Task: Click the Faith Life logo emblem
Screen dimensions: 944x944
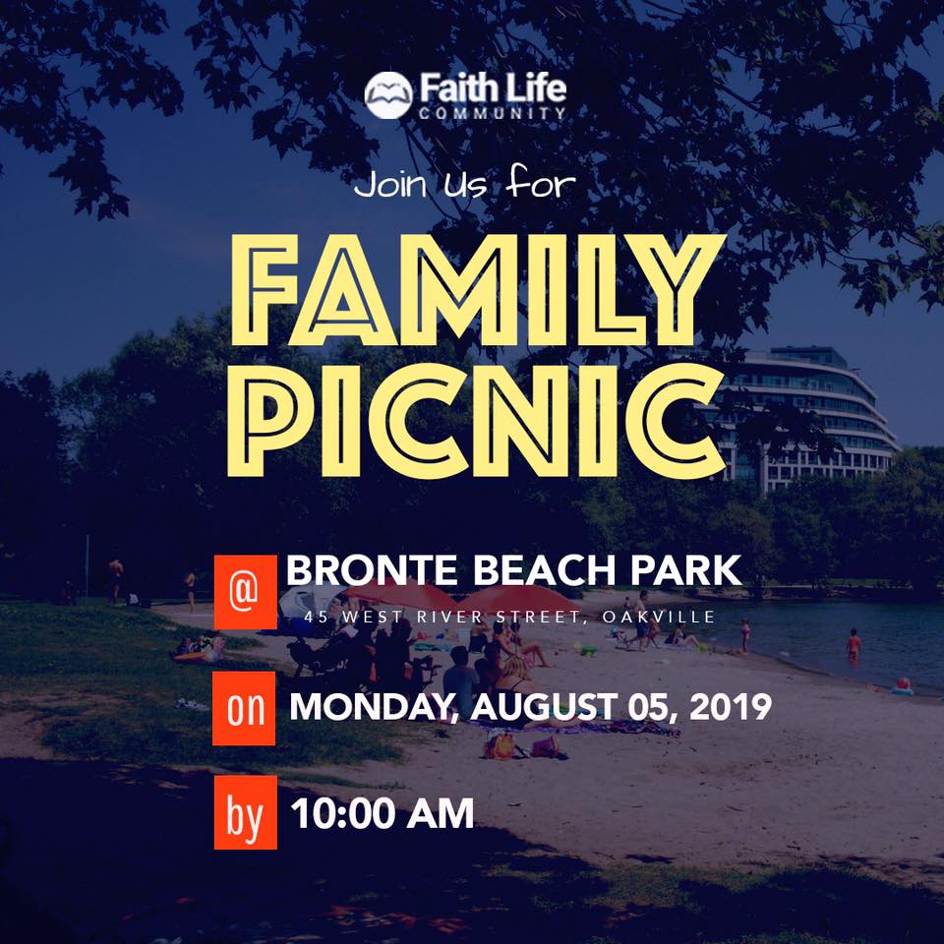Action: [x=389, y=94]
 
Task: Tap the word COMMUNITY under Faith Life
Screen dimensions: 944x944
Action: [x=493, y=113]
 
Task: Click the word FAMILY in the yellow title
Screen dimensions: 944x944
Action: [x=478, y=289]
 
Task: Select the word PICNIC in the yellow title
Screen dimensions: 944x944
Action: [x=476, y=421]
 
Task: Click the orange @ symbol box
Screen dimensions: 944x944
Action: [x=245, y=592]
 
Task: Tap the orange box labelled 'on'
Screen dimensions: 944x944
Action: [x=244, y=708]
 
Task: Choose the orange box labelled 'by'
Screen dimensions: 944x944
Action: [x=245, y=812]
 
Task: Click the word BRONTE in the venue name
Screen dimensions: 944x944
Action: [x=372, y=570]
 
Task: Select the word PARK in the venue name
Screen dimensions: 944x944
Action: [x=686, y=570]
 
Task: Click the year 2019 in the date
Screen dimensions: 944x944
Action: [x=730, y=706]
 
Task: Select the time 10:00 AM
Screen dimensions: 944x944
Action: [x=383, y=813]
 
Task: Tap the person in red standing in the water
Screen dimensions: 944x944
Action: [x=854, y=647]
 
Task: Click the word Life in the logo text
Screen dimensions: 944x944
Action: [x=535, y=88]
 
